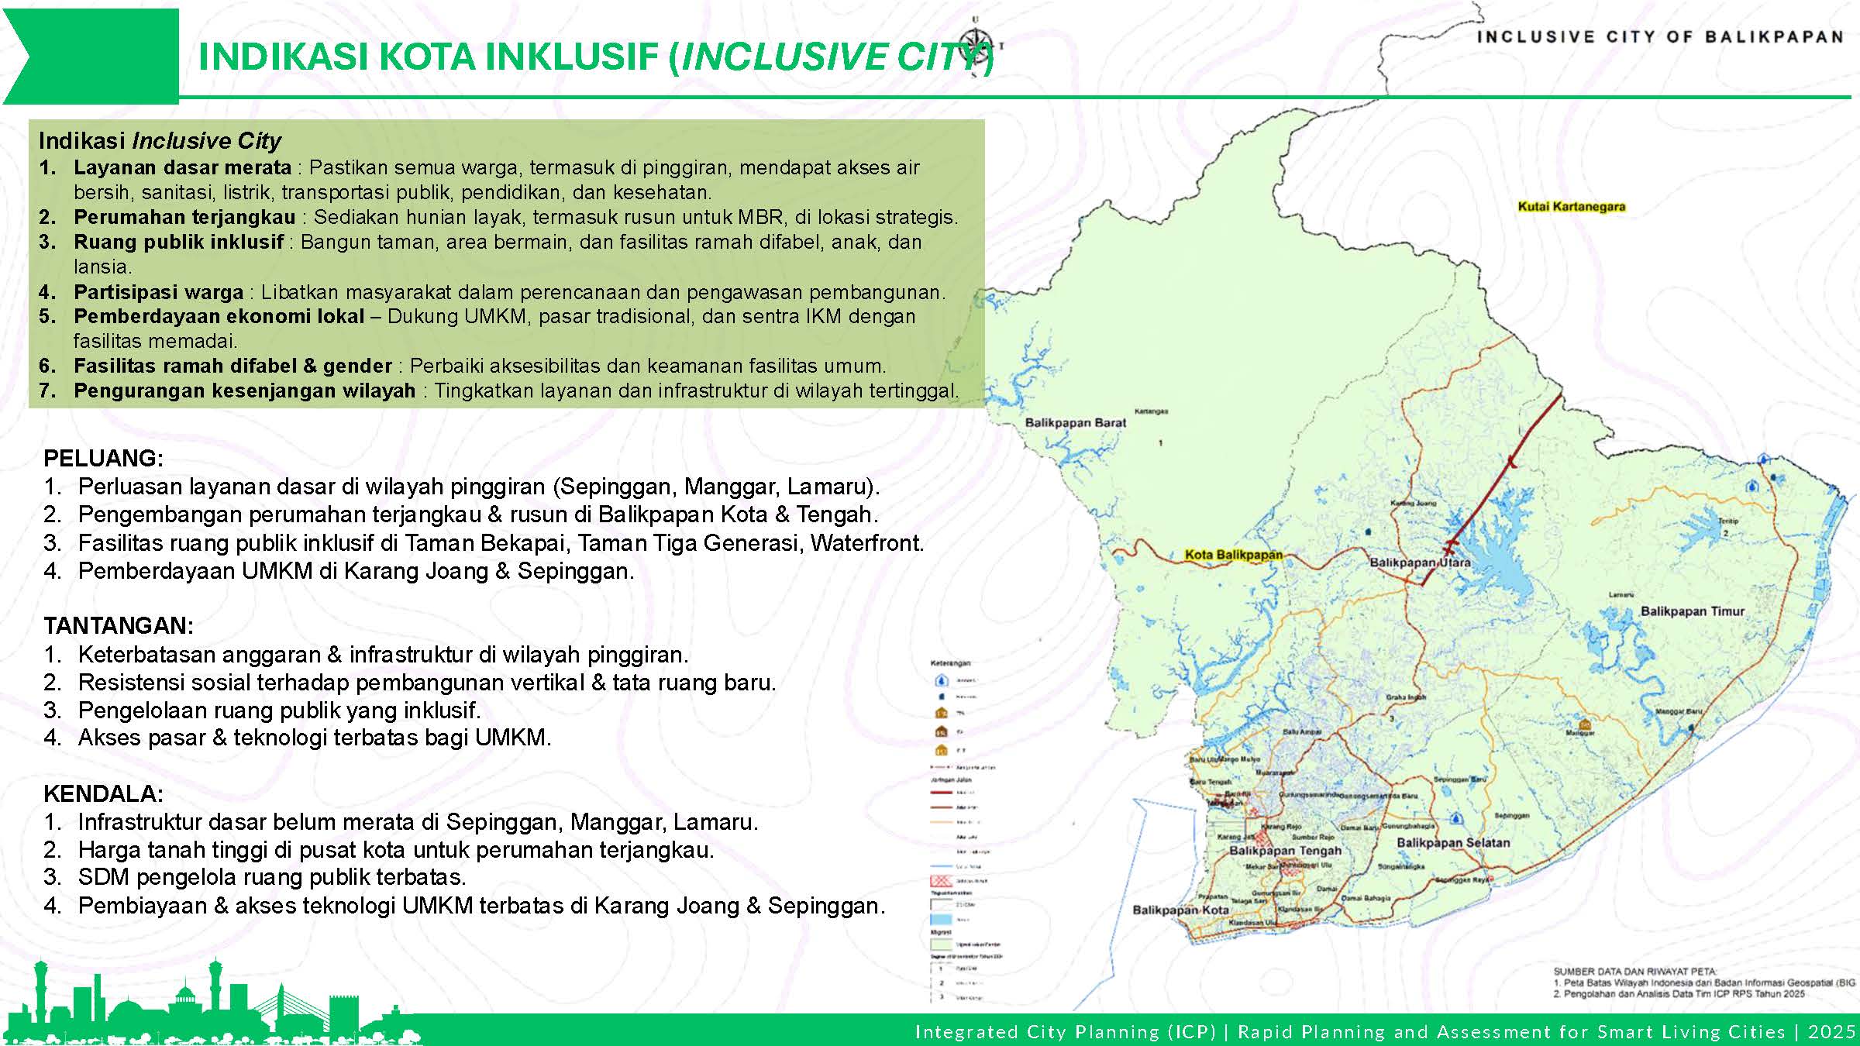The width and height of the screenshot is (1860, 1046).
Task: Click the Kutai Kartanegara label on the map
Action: tap(1571, 207)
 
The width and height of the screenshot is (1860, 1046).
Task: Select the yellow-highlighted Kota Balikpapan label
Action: tap(1234, 555)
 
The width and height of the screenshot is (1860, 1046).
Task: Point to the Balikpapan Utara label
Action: tap(1420, 563)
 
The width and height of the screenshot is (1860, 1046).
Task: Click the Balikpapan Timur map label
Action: tap(1693, 611)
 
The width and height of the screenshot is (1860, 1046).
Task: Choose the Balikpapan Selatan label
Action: tap(1453, 842)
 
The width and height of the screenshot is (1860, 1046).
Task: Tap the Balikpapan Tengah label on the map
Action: tap(1285, 851)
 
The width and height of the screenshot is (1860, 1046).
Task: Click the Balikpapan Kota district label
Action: tap(1180, 910)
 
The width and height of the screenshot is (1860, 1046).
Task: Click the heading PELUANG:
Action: tap(103, 458)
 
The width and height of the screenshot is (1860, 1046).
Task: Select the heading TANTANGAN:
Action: tap(119, 625)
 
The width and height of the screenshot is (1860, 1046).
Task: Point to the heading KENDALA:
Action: tap(103, 793)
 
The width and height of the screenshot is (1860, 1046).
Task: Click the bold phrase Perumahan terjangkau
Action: tap(184, 217)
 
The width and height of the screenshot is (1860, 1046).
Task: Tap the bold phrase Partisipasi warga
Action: tap(158, 292)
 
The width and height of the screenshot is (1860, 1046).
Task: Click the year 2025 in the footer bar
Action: tap(1832, 1032)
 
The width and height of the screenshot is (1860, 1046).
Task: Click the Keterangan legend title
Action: tap(950, 663)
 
